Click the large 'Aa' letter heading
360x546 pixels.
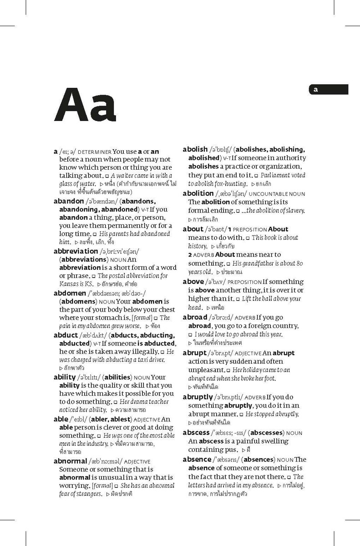(x=85, y=106)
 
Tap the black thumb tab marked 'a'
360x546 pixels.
(x=328, y=90)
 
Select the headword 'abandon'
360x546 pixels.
(x=69, y=201)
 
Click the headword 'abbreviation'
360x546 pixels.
(x=76, y=251)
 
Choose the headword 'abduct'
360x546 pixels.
(x=66, y=335)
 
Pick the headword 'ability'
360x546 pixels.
(x=65, y=377)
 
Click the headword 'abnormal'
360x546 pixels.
(x=70, y=461)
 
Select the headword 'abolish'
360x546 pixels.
(x=195, y=149)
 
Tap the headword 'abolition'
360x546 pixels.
(x=198, y=193)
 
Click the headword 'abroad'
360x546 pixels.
(x=195, y=317)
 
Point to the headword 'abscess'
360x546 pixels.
(x=196, y=433)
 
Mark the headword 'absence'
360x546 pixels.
(x=197, y=460)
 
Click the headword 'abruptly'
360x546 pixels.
(x=198, y=397)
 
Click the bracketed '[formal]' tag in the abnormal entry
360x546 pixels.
(x=102, y=486)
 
